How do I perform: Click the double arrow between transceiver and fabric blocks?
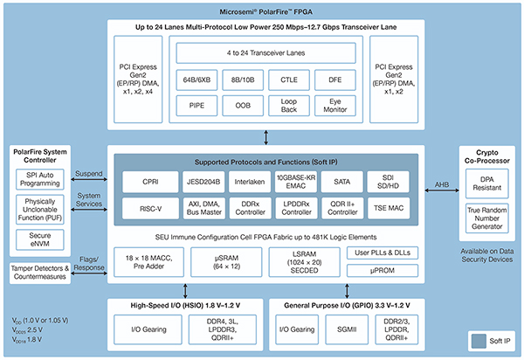tap(266, 135)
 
